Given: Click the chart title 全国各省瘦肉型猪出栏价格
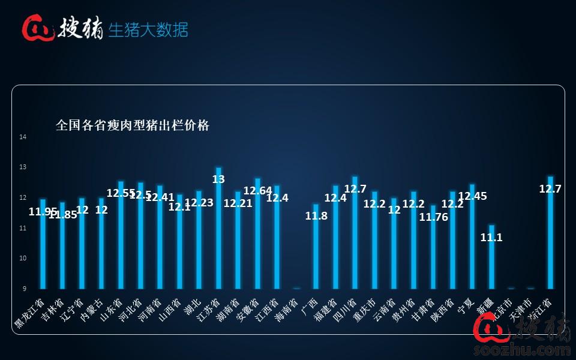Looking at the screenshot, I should click(133, 125).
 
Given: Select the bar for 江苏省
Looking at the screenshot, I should click(218, 228).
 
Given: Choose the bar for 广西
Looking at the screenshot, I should click(316, 247).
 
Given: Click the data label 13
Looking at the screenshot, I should click(218, 179).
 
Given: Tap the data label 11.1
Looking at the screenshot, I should click(491, 238).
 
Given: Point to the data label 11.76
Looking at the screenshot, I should click(433, 217).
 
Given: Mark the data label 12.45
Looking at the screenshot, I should click(472, 196).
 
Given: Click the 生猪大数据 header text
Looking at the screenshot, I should click(148, 29).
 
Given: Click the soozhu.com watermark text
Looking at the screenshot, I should click(522, 349).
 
